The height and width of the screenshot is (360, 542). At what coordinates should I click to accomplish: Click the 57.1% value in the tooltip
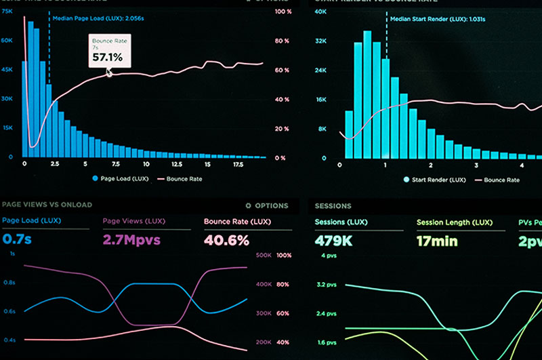(x=108, y=58)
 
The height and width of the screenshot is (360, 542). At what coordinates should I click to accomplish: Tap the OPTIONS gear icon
(x=248, y=205)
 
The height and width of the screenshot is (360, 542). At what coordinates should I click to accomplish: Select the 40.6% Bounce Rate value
(x=226, y=240)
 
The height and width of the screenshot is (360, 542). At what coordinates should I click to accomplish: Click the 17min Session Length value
(x=437, y=241)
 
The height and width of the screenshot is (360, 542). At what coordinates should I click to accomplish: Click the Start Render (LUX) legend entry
(x=434, y=180)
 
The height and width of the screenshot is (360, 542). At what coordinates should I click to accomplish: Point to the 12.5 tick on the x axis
(x=177, y=164)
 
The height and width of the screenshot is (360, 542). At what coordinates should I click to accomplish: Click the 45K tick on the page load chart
(x=7, y=70)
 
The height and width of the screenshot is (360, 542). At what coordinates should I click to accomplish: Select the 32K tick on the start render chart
(x=321, y=41)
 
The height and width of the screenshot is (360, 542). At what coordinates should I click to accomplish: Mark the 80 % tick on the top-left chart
(x=283, y=41)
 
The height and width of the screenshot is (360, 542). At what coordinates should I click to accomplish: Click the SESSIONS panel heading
(x=333, y=205)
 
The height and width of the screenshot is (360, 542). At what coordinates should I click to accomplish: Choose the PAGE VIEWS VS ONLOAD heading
(x=47, y=205)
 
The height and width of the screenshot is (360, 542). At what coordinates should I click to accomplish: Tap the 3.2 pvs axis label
(x=325, y=285)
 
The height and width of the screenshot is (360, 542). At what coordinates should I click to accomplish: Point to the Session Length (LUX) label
(x=454, y=222)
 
